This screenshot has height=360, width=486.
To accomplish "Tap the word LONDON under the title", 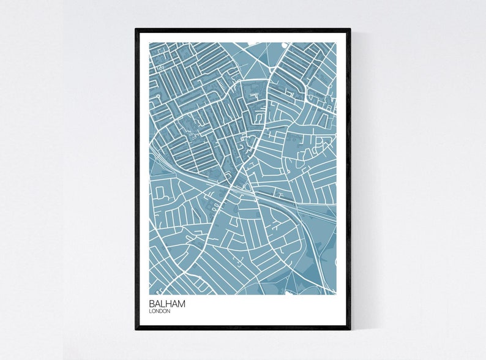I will [x=159, y=311].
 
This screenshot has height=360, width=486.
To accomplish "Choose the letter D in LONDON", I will [x=162, y=311].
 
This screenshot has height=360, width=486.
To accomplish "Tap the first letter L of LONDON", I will [x=150, y=311].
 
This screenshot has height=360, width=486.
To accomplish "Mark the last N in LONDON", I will [x=168, y=311].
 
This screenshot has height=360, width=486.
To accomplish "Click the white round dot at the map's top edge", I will [x=284, y=45].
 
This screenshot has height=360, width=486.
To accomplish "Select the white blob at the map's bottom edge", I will [x=288, y=293].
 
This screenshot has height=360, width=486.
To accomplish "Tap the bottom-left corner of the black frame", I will [x=136, y=329].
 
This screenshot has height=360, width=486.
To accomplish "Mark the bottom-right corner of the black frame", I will [x=350, y=329].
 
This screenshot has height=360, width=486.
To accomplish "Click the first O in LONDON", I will [x=154, y=311].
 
